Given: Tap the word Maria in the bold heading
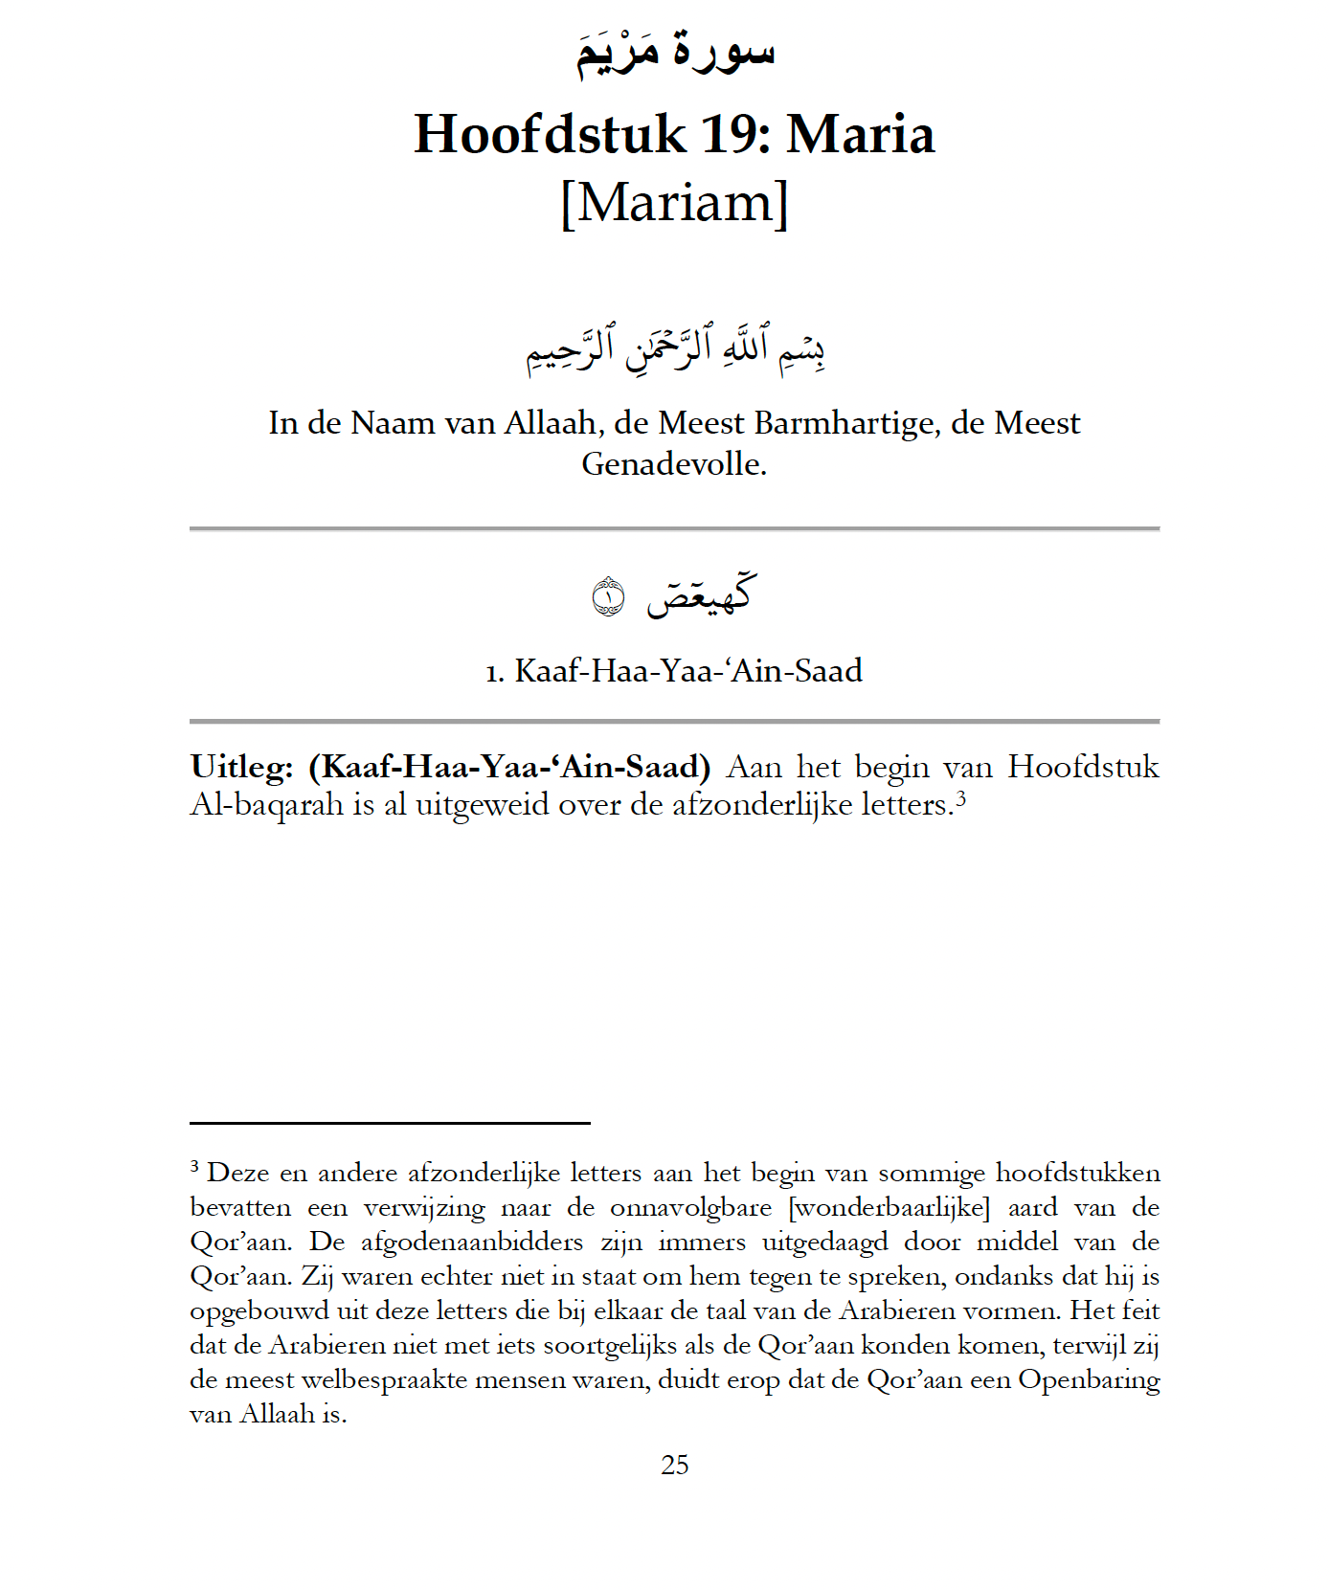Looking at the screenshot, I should click(860, 134).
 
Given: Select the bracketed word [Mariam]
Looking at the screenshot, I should click(674, 202).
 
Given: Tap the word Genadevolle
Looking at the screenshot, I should click(673, 463).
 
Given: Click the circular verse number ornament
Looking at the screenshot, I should click(609, 597).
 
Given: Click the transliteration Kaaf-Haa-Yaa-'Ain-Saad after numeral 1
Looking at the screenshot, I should click(688, 670).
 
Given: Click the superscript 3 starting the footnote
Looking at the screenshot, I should click(194, 1166).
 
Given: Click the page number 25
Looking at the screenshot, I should click(674, 1465).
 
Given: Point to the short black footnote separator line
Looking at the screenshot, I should click(390, 1123).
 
